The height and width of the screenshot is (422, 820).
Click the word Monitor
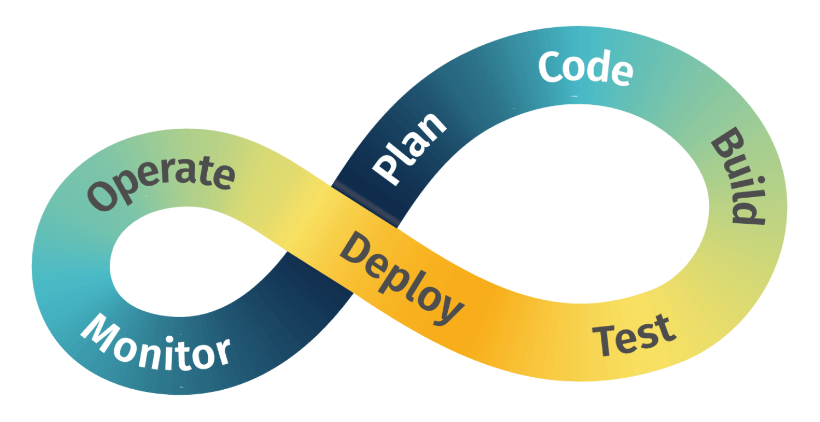155,341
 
